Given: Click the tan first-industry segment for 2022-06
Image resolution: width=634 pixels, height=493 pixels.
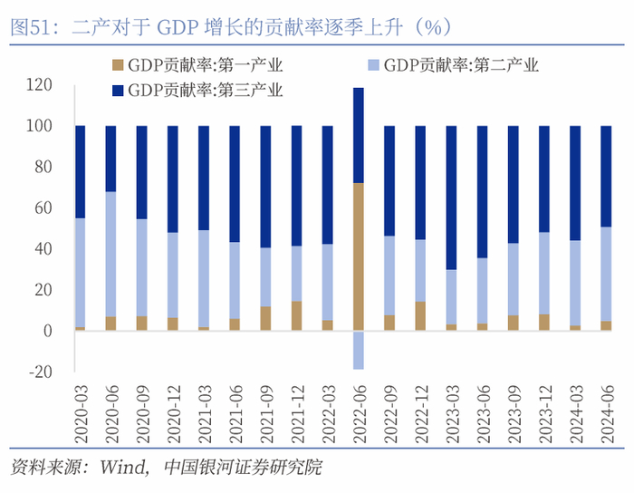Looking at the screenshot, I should (358, 256).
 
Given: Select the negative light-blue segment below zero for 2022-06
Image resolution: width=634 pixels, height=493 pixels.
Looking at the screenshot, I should (358, 350).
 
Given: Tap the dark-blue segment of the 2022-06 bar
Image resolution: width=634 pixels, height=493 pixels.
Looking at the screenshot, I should (358, 135).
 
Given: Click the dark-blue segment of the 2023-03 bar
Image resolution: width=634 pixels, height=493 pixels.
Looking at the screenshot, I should (450, 198).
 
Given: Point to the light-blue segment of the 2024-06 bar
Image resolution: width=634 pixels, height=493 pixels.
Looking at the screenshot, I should (605, 274).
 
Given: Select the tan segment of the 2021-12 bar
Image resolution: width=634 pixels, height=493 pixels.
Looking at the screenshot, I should (296, 315).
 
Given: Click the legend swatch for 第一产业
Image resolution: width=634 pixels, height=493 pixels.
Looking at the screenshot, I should (120, 65).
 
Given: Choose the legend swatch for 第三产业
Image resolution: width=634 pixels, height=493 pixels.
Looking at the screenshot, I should (120, 90).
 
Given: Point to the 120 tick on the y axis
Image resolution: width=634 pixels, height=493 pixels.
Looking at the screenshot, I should (39, 84).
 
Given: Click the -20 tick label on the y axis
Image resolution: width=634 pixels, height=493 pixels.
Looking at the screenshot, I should (39, 372).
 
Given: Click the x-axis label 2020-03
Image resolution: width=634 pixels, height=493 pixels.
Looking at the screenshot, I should (81, 412).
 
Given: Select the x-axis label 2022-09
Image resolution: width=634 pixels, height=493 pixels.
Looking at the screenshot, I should (389, 412).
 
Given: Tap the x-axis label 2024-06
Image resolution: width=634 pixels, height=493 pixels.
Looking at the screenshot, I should (606, 412).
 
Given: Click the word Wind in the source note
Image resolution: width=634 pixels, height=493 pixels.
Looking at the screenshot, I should (122, 469).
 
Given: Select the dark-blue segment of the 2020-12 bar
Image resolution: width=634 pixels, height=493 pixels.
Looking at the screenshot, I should (172, 179).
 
